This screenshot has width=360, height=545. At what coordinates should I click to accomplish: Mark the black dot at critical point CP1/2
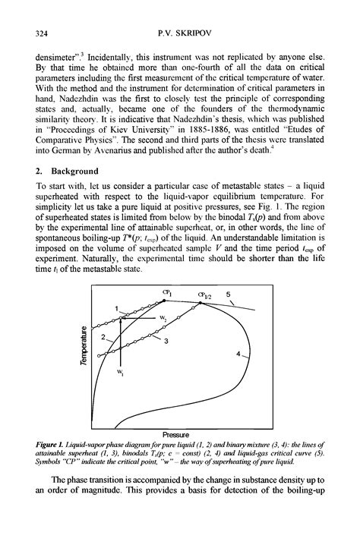[200, 303]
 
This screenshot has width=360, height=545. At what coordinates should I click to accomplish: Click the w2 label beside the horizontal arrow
[161, 317]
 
